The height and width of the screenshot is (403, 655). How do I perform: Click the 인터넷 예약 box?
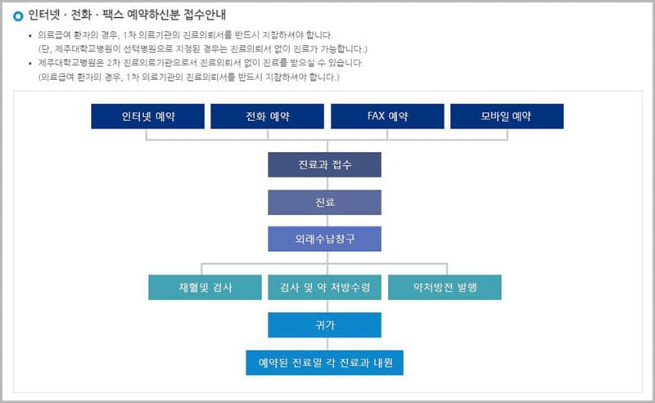(147, 116)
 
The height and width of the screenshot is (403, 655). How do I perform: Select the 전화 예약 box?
(268, 116)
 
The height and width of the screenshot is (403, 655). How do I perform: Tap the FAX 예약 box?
(387, 116)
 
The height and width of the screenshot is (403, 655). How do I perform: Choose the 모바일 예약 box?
(507, 116)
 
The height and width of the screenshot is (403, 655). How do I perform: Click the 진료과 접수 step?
(324, 164)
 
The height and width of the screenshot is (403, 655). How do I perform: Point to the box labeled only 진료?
(324, 202)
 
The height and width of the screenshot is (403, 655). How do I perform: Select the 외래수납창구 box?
(324, 239)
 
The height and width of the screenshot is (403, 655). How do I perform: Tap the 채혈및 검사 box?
(205, 288)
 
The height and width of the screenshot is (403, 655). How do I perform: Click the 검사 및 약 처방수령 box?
(324, 288)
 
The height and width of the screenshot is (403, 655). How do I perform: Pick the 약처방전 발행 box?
(445, 288)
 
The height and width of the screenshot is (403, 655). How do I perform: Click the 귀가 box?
(324, 325)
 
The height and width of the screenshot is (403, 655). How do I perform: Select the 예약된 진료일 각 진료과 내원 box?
(324, 362)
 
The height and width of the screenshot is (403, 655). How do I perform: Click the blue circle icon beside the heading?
(18, 16)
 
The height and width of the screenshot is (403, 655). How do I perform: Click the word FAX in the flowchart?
(377, 116)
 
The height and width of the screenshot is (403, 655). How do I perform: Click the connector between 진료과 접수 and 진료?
(324, 183)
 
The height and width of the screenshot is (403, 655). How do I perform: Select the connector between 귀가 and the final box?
(324, 343)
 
